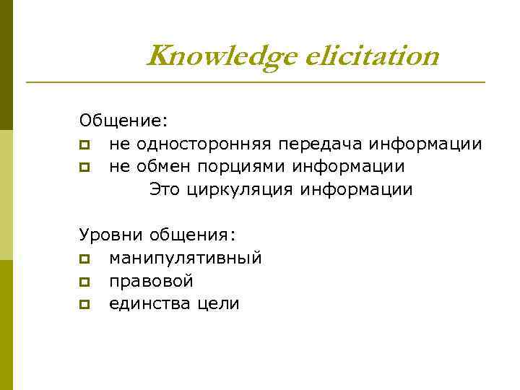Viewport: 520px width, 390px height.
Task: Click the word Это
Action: pos(165,190)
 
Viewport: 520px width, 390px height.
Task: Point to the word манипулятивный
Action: pos(186,258)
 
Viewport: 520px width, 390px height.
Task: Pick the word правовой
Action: pos(151,281)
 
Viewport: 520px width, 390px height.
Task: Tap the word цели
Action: pos(214,304)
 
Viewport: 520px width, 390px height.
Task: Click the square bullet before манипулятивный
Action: pos(84,259)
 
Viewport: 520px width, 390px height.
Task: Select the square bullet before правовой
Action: pos(84,282)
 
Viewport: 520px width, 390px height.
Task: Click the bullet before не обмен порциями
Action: pos(84,168)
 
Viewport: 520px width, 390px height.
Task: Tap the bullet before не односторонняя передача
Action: pos(84,144)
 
